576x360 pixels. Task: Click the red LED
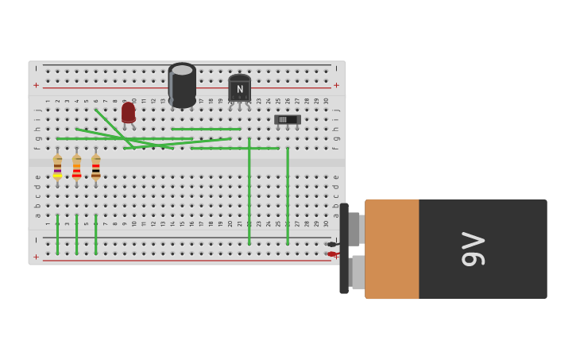pos(128,112)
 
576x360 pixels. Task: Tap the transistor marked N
pos(239,89)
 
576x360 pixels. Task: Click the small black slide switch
pos(287,119)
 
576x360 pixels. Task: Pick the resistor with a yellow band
pos(57,167)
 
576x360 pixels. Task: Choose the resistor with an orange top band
pos(76,167)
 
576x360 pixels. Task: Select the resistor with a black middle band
pos(95,167)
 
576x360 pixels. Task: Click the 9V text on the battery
pos(473,249)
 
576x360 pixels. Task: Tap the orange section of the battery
pos(392,249)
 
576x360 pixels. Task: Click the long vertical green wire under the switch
pos(288,195)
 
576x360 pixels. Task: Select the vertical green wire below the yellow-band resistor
pos(57,234)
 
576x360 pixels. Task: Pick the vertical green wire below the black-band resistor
pos(95,234)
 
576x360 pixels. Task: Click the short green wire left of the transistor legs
pos(206,129)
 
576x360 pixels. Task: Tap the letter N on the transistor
pos(239,89)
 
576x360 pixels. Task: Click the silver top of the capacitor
pos(182,70)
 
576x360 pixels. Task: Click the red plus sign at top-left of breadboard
pos(36,85)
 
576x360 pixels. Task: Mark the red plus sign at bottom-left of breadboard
pos(36,257)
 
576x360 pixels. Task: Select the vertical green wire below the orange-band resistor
pos(76,234)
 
